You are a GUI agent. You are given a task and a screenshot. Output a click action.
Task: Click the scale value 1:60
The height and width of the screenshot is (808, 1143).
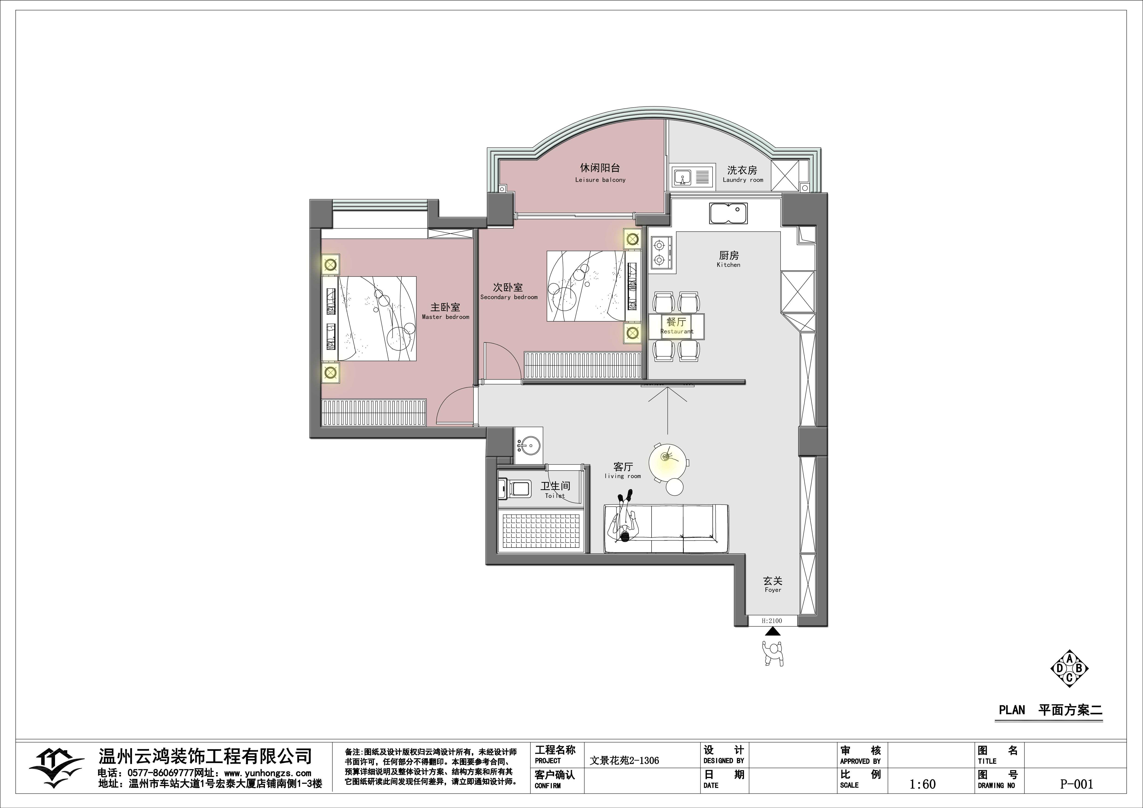(923, 784)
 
